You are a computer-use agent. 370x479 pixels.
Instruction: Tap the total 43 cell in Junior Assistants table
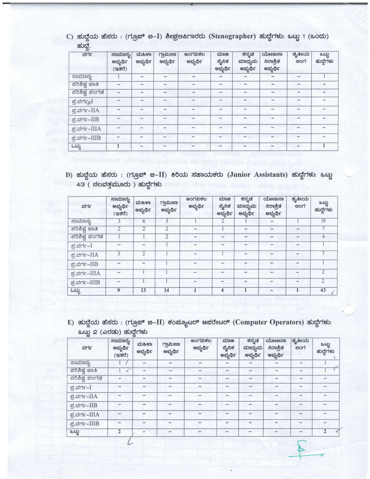[x=323, y=290]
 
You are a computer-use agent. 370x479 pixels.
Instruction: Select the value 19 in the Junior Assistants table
[x=323, y=221]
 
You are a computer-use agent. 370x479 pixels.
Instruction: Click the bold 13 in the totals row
[x=143, y=290]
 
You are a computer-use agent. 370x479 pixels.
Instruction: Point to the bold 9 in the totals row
[x=119, y=290]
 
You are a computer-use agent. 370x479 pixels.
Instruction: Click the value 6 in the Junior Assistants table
[x=143, y=221]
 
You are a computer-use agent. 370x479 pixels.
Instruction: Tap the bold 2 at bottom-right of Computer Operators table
[x=325, y=431]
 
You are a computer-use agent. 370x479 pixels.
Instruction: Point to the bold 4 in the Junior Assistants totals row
[x=222, y=290]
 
